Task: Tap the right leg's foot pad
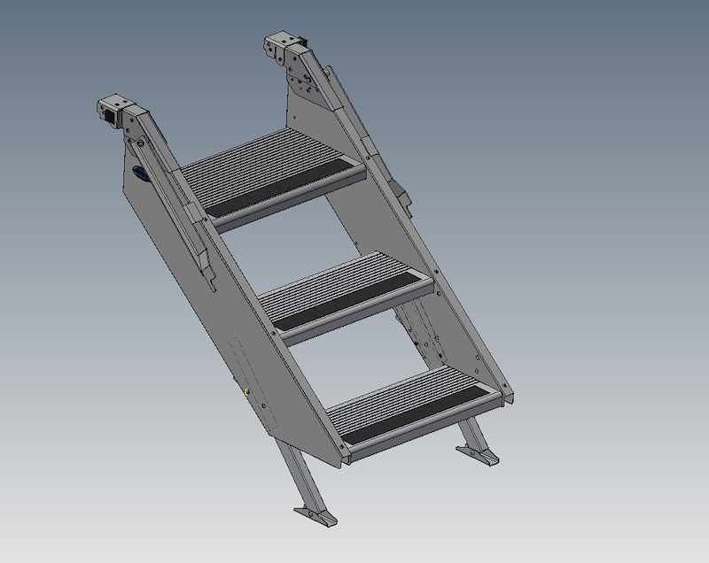click(479, 457)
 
